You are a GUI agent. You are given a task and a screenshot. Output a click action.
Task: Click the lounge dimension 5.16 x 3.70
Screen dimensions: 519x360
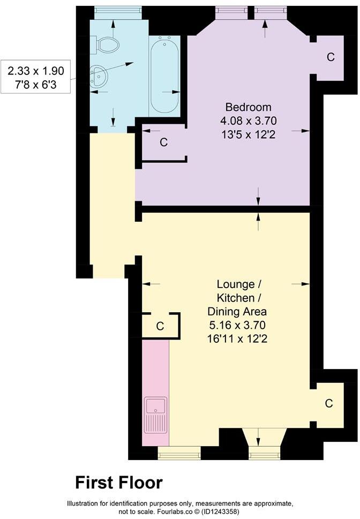tap(237, 325)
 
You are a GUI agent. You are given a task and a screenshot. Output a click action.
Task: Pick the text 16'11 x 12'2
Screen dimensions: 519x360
tap(237, 339)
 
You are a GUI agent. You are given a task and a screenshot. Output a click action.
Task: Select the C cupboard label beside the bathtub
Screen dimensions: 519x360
tap(164, 142)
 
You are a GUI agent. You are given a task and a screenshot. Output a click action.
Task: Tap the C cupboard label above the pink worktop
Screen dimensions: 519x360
tap(159, 326)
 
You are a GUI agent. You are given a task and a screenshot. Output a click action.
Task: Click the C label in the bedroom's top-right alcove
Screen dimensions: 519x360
tap(331, 57)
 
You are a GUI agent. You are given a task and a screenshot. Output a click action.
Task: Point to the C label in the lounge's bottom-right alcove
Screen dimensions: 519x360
tap(329, 403)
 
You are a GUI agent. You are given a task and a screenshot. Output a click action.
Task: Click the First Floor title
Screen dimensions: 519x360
tap(118, 483)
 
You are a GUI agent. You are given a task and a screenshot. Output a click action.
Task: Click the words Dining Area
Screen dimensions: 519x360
tap(237, 311)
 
